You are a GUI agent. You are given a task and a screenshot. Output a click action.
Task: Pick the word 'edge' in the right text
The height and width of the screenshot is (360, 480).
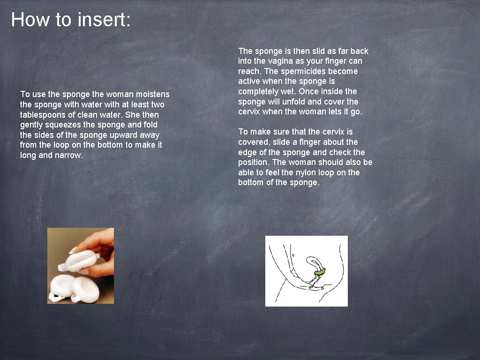click(x=247, y=152)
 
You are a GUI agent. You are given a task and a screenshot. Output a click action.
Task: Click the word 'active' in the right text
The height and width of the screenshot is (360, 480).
click(x=249, y=82)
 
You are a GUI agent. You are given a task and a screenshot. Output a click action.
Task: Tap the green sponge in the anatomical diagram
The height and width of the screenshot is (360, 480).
click(x=319, y=271)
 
